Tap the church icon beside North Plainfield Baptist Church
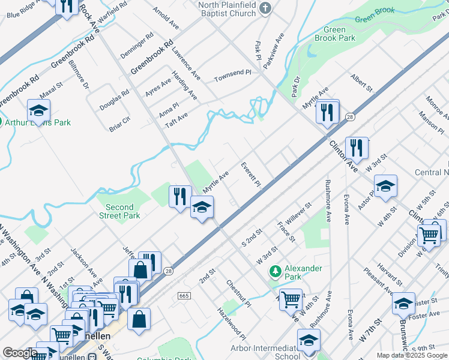click(267, 7)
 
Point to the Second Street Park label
click(119, 211)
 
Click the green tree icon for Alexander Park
click(276, 272)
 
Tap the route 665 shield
click(184, 296)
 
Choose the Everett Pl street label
click(251, 174)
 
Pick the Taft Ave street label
click(176, 120)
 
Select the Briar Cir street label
click(119, 124)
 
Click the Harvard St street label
click(390, 274)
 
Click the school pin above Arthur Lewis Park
click(38, 110)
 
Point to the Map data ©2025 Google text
click(412, 355)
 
